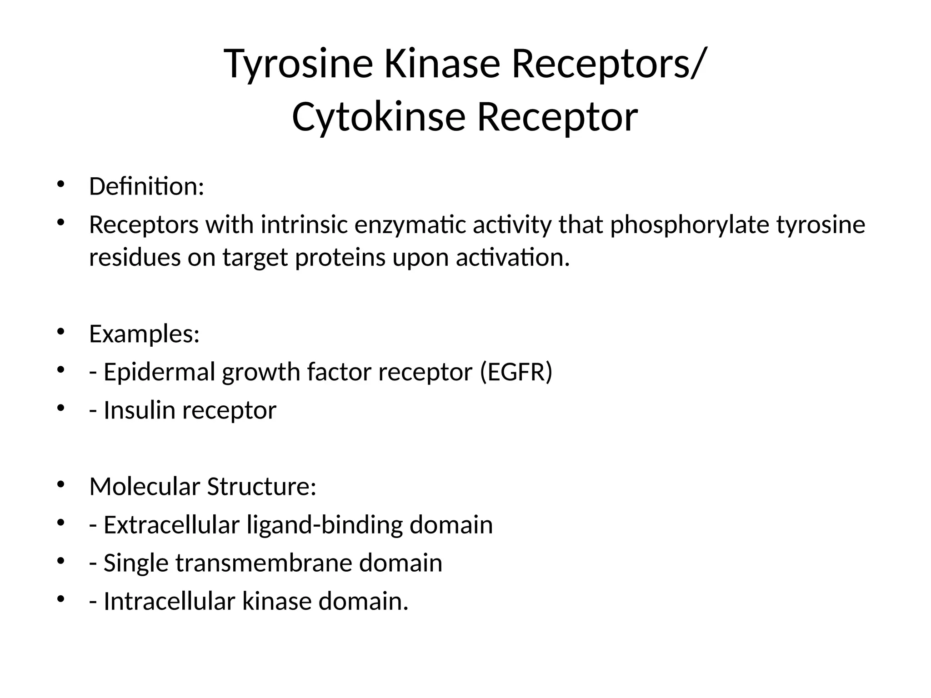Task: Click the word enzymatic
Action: [410, 225]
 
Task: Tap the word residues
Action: [135, 258]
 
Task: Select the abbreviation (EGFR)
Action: [516, 372]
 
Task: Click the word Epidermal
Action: [159, 372]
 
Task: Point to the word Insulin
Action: [140, 410]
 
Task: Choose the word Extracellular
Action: [171, 525]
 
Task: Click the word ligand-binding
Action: [325, 525]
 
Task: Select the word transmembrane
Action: [264, 563]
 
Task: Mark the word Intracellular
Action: [169, 601]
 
